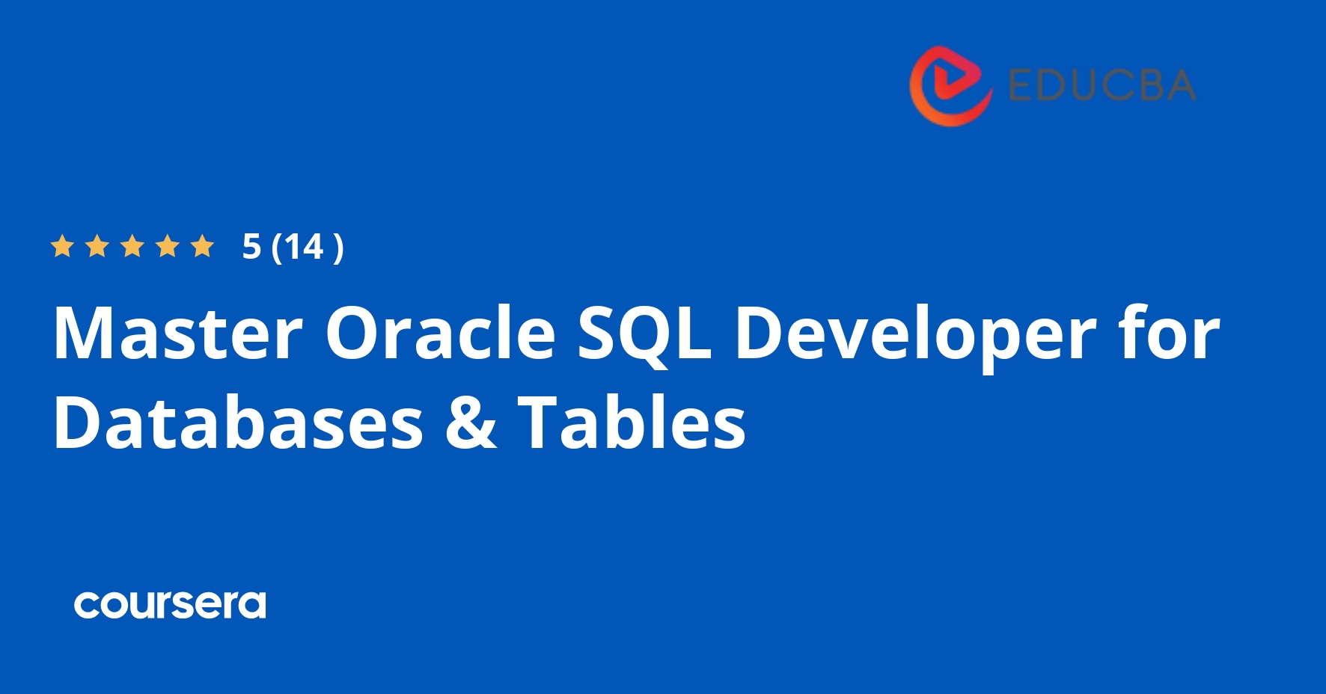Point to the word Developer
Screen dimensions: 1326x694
point(915,336)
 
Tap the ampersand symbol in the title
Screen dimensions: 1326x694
point(471,423)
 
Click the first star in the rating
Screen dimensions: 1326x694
point(62,246)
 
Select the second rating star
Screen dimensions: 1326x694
point(97,246)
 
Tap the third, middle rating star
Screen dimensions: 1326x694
point(132,246)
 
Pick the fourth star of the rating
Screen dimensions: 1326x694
point(168,246)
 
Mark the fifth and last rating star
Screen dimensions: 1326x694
point(203,246)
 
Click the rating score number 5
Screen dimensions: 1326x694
point(251,247)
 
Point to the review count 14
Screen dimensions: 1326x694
point(304,247)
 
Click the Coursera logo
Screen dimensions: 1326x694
point(170,604)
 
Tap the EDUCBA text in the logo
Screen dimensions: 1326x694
point(1102,85)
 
